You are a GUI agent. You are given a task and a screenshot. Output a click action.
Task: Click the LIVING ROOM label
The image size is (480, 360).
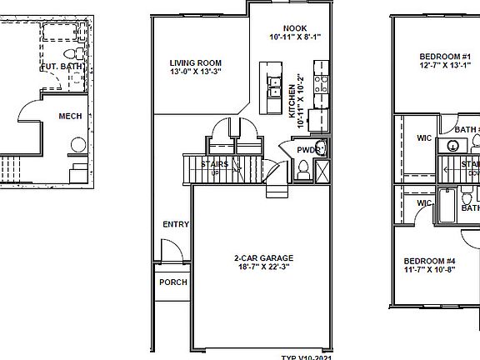[x=196, y=62]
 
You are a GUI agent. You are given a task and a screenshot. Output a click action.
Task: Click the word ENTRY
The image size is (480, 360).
[x=176, y=224]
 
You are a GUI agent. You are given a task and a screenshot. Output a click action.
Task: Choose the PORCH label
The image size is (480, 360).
[x=172, y=282]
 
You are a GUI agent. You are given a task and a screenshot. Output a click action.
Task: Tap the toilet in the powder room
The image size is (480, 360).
[x=304, y=171]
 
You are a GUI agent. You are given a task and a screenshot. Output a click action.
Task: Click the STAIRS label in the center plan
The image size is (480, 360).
[x=214, y=164]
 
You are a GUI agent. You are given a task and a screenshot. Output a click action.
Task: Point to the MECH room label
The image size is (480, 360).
[x=70, y=116]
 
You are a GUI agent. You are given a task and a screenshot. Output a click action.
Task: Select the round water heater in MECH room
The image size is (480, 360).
[x=77, y=145]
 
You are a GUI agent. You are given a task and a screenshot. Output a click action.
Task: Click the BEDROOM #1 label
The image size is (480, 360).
[x=446, y=57]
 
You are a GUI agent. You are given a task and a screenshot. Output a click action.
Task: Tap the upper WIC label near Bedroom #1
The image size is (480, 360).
[x=424, y=137]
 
